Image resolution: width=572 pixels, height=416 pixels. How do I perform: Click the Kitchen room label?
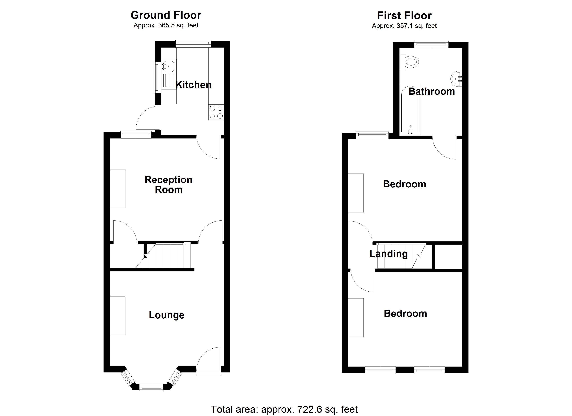(193, 85)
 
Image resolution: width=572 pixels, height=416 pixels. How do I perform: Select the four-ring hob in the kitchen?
(216, 112)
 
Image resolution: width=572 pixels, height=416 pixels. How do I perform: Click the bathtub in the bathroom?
(410, 110)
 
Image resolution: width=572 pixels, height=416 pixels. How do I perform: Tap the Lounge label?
(166, 315)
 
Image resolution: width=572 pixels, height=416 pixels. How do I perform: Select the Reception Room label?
(168, 185)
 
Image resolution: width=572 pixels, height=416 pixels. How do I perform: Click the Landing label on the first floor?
(388, 254)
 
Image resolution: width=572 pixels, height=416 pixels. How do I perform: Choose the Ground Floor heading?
(166, 15)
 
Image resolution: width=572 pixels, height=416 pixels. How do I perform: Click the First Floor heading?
(404, 16)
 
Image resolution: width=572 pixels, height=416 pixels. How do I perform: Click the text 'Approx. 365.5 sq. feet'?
(166, 25)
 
